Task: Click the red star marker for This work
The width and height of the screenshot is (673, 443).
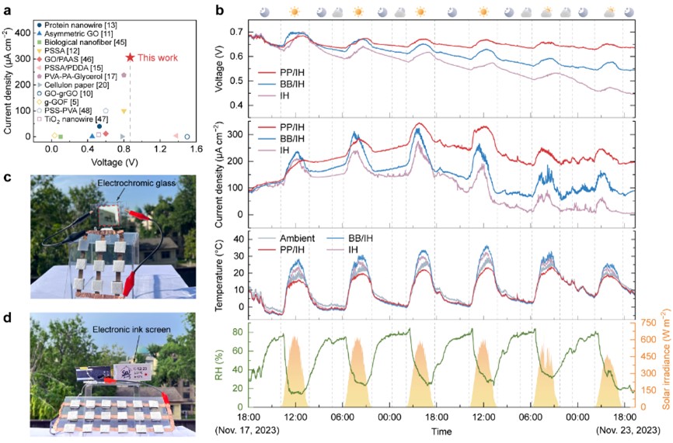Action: click(x=130, y=57)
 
